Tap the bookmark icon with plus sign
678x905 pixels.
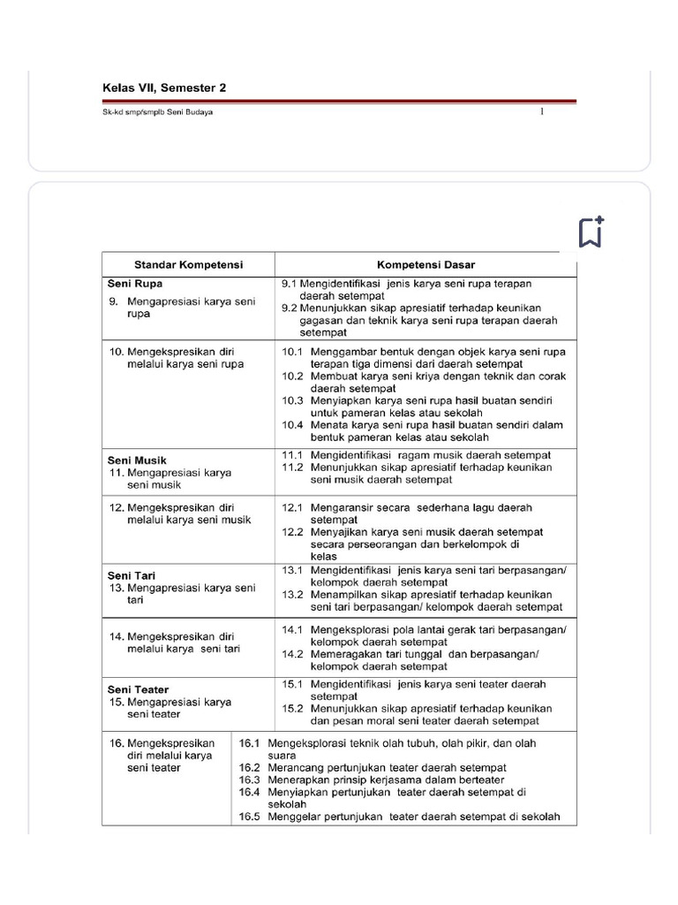pyautogui.click(x=591, y=232)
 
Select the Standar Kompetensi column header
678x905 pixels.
pyautogui.click(x=188, y=264)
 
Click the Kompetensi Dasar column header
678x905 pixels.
pyautogui.click(x=426, y=264)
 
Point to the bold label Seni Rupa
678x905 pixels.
pyautogui.click(x=130, y=285)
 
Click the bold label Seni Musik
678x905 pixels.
pyautogui.click(x=137, y=460)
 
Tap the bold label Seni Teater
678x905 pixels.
pyautogui.click(x=138, y=689)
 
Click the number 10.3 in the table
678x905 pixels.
pyautogui.click(x=292, y=400)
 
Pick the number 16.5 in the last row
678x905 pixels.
pyautogui.click(x=249, y=817)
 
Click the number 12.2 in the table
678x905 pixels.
pyautogui.click(x=292, y=532)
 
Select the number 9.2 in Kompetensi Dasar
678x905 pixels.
pyautogui.click(x=289, y=308)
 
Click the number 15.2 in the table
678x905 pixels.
pyautogui.click(x=292, y=709)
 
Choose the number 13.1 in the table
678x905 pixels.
pyautogui.click(x=292, y=570)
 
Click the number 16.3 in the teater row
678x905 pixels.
pyautogui.click(x=249, y=780)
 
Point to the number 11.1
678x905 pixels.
pyautogui.click(x=292, y=453)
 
